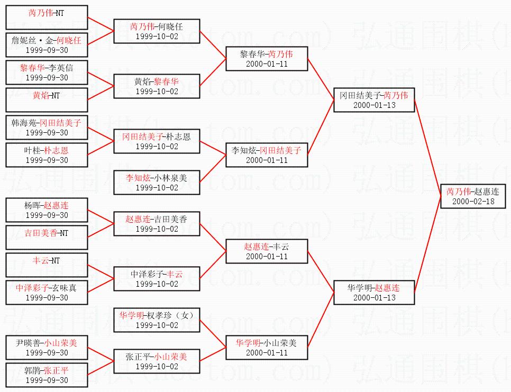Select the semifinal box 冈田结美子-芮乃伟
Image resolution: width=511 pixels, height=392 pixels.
(374, 99)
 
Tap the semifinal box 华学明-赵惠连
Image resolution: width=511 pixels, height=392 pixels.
(374, 292)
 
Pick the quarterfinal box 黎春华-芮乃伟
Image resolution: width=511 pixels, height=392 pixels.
(267, 58)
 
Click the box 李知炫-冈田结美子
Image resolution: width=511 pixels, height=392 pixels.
(267, 154)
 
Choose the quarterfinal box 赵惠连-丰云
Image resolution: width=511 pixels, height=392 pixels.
(267, 251)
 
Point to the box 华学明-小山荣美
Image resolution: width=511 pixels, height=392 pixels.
(267, 347)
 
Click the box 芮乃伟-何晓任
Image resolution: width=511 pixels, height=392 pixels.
(157, 31)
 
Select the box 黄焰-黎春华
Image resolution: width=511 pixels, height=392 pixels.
(157, 86)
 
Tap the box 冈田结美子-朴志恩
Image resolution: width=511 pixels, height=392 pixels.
(157, 141)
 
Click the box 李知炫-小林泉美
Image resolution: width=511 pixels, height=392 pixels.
(157, 183)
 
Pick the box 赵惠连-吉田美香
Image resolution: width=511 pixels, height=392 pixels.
(157, 223)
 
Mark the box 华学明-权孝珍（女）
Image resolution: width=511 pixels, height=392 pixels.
(157, 320)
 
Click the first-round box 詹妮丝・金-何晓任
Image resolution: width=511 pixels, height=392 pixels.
(47, 44)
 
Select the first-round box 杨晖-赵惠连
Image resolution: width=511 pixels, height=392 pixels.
(47, 209)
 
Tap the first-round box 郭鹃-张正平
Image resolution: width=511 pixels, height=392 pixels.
(47, 375)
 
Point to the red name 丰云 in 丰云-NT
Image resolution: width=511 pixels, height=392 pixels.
(40, 260)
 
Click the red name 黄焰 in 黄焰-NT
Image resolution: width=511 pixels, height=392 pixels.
(40, 95)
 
